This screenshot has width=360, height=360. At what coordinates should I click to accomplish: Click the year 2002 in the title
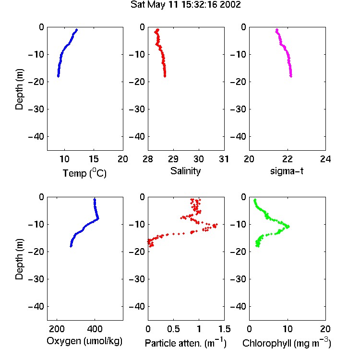point(230,5)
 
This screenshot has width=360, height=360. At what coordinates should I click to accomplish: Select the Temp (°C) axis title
point(84,173)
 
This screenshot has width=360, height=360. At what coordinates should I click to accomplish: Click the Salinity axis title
point(185,171)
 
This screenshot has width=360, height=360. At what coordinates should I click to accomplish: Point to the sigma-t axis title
point(287,171)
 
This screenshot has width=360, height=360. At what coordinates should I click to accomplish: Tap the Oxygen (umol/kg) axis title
point(84,341)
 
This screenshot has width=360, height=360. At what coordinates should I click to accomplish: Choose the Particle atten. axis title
point(186,343)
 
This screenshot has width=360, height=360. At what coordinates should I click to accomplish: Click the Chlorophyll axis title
point(287,343)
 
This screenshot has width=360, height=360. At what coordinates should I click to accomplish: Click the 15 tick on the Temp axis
point(94,159)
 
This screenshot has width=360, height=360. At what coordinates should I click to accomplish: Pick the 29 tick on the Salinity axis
point(173,159)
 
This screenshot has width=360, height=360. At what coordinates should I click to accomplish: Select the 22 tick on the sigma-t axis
point(287,159)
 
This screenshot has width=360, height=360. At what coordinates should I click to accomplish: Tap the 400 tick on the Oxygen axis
point(95,329)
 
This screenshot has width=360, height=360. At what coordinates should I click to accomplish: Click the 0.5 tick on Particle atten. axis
point(173,329)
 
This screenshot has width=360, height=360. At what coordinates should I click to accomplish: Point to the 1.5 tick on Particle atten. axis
point(225,329)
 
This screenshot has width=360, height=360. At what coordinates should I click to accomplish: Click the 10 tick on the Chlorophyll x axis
point(288,329)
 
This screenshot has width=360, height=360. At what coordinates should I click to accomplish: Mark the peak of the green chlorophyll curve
point(288,227)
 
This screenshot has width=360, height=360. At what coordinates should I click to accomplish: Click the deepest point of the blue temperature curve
point(58,76)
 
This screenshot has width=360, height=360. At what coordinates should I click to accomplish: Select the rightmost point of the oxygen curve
point(98,218)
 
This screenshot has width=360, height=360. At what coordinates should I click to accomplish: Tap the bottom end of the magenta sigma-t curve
point(291,76)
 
